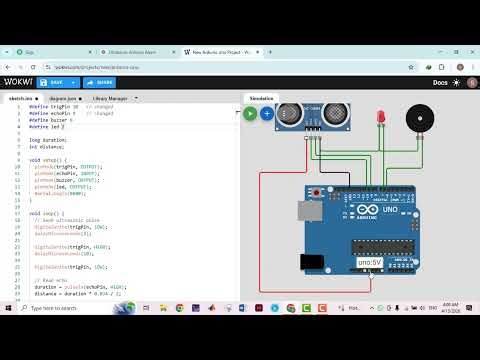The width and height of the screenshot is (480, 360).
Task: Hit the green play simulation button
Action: [x=250, y=114]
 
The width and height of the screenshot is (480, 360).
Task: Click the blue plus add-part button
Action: [x=267, y=114]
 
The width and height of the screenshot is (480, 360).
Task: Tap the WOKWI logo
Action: [x=20, y=82]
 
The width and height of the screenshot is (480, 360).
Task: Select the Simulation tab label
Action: [x=261, y=99]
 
